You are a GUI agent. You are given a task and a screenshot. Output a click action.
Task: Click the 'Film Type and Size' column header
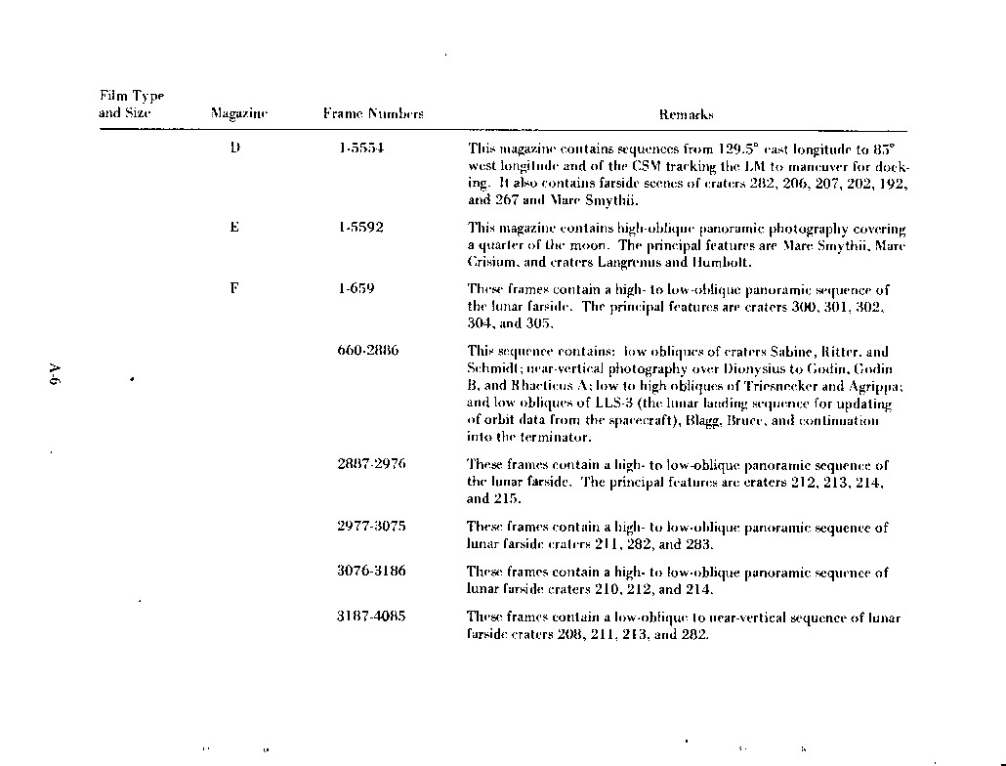pos(131,105)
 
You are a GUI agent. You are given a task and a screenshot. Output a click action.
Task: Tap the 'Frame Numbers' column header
pos(373,114)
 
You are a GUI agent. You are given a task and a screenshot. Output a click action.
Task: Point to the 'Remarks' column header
pos(686,114)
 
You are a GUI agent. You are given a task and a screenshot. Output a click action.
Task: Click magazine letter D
pos(234,149)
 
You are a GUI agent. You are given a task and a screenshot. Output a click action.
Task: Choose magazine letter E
pos(234,228)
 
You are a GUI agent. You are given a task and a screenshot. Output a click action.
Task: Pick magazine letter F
pos(234,288)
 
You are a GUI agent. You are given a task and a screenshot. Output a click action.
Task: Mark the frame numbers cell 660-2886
pos(367,350)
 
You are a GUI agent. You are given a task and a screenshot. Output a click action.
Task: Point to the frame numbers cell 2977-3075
pos(371,526)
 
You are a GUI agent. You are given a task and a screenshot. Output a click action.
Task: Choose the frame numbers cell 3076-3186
pos(371,572)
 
